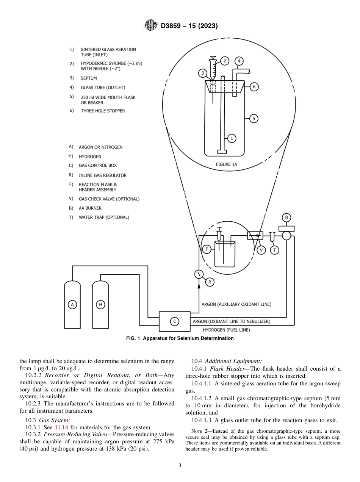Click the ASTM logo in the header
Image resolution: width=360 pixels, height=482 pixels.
point(151,26)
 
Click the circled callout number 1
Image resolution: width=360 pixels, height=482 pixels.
point(232,138)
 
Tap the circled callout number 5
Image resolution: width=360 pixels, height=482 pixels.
point(254,119)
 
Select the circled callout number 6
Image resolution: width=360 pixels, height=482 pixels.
point(254,87)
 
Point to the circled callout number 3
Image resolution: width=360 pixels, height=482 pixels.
point(203,73)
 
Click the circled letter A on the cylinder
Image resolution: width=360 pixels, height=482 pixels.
point(72,304)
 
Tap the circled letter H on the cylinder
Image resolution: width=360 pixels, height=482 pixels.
point(100,304)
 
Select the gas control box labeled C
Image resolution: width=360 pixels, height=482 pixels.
point(174,321)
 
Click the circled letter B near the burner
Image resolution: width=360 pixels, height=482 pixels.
point(286,218)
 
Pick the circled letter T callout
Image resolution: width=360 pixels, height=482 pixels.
point(274,250)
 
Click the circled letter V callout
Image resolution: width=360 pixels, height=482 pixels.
point(261,250)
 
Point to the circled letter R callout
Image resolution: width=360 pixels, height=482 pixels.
point(209,282)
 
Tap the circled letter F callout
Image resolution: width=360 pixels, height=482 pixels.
point(207,249)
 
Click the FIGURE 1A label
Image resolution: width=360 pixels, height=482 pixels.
point(226,164)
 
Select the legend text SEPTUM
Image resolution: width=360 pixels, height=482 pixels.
point(89,78)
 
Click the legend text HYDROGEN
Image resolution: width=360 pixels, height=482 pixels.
point(90,156)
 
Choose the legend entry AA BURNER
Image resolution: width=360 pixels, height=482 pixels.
point(90,208)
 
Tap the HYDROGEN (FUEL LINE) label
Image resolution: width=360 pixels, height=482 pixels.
point(226,330)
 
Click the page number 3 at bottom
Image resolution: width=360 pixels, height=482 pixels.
point(180,466)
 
